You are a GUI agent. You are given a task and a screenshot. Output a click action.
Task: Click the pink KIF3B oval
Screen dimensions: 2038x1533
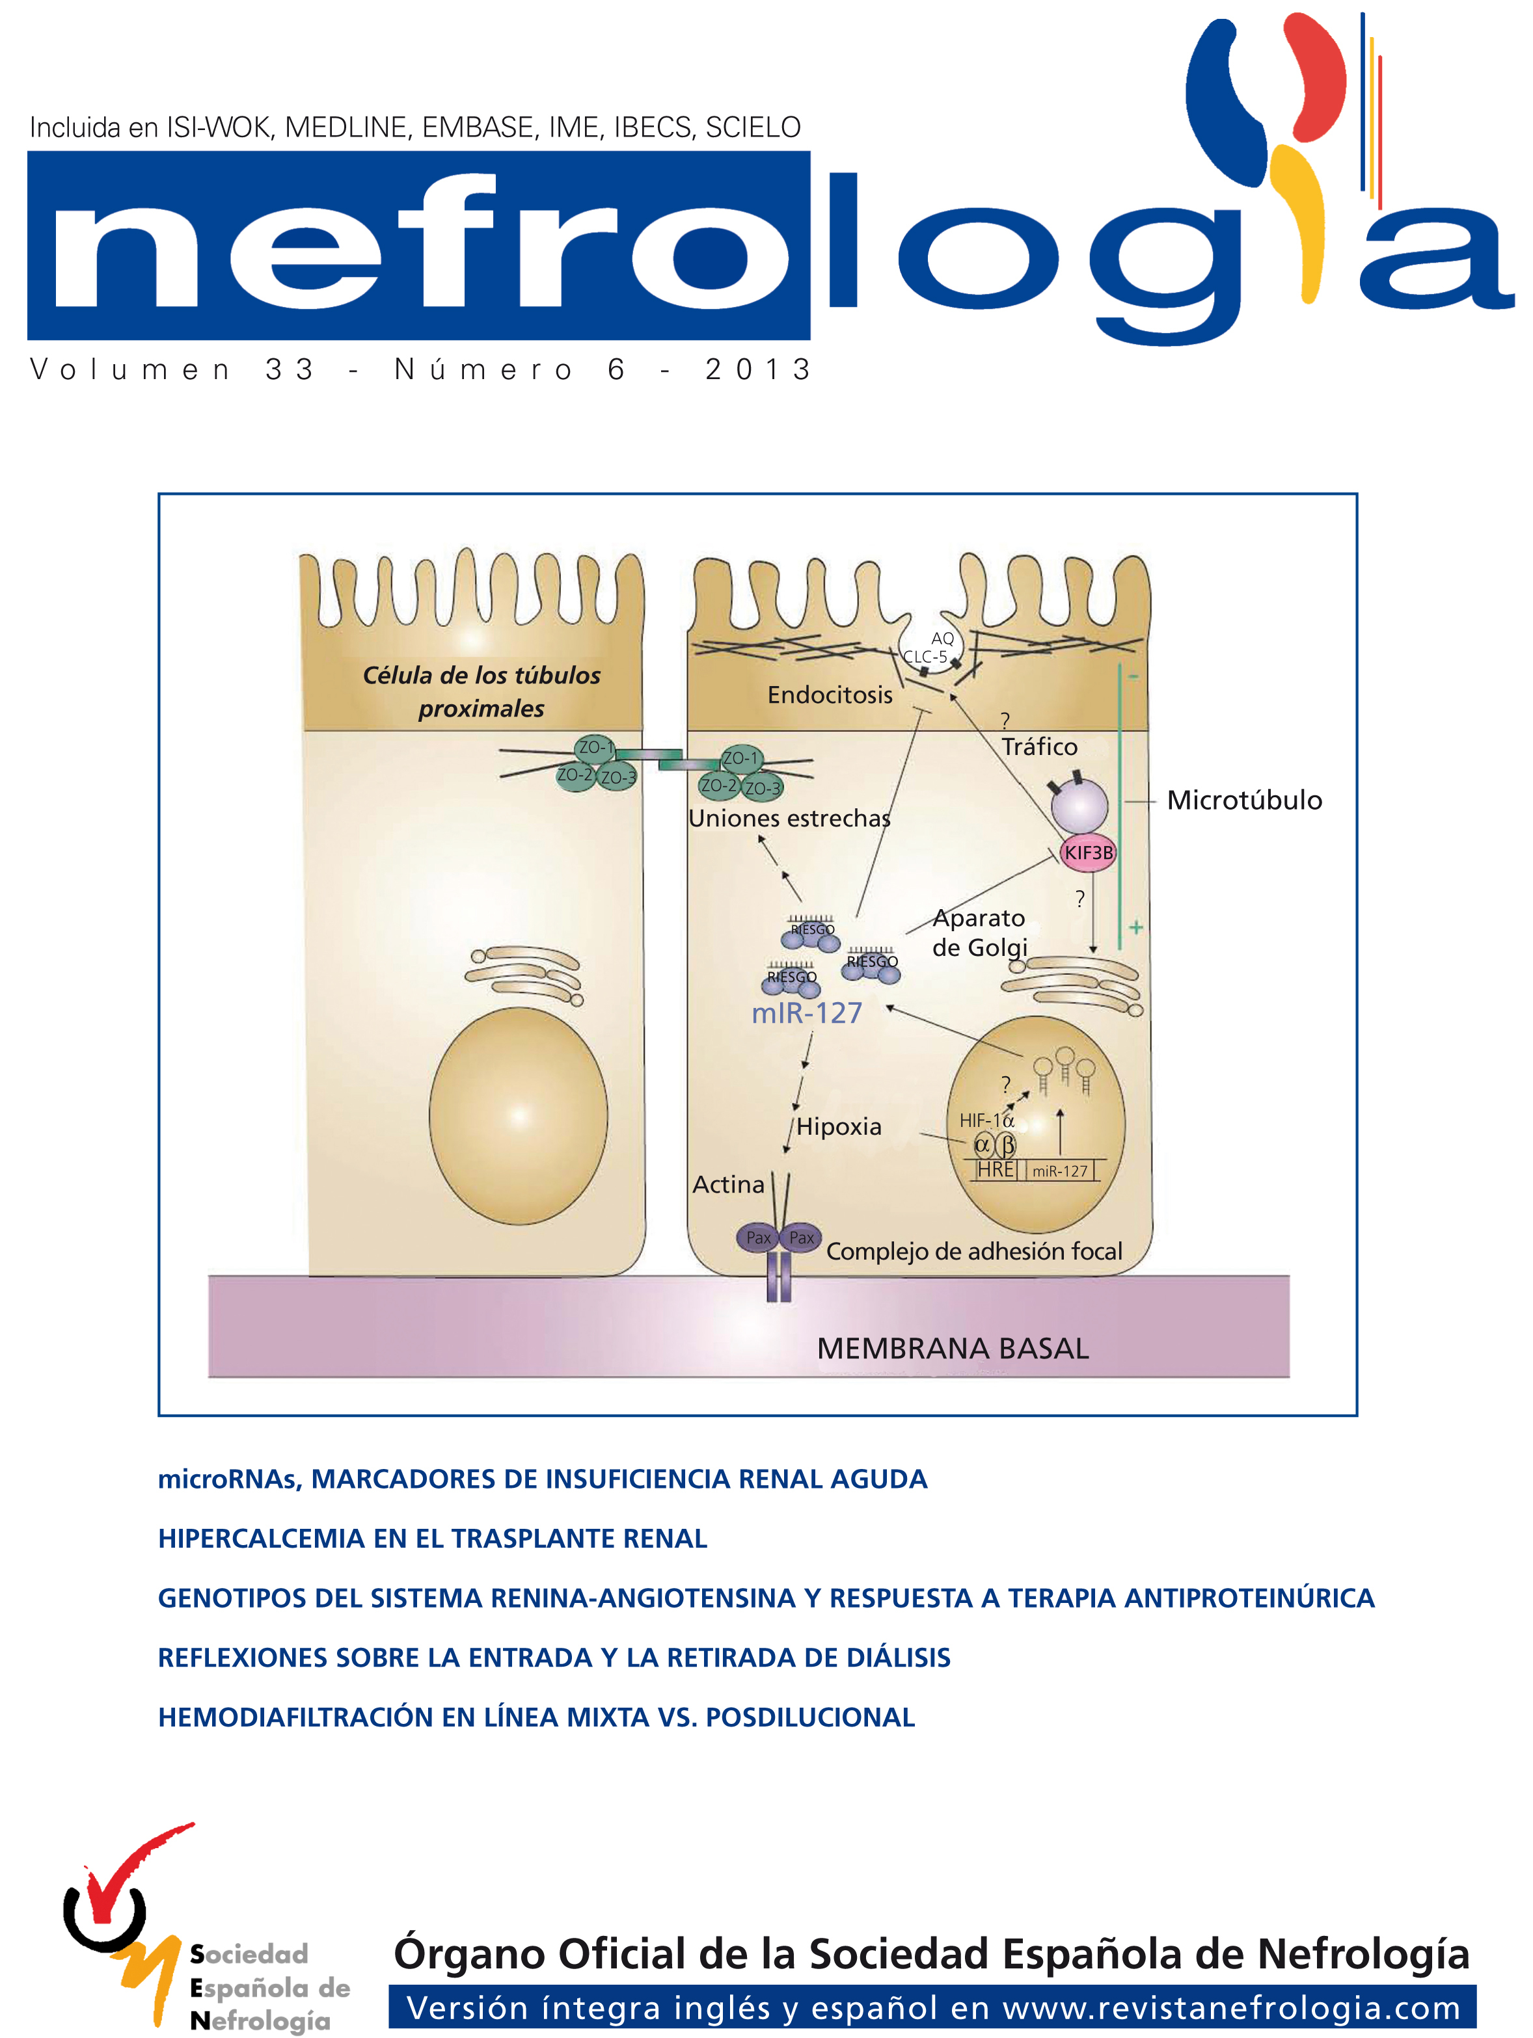point(1088,853)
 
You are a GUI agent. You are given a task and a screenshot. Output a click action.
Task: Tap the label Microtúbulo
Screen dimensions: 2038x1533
point(1243,800)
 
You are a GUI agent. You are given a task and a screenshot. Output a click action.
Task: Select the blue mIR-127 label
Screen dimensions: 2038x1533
point(807,1012)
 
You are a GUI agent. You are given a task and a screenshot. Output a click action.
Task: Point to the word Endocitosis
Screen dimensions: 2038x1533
point(830,695)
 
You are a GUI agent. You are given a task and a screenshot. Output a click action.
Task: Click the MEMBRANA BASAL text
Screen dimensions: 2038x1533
point(952,1348)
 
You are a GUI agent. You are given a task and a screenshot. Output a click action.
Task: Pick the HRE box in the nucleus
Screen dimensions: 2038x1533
point(996,1169)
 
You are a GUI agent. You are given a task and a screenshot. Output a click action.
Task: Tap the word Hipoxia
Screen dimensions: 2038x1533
point(839,1126)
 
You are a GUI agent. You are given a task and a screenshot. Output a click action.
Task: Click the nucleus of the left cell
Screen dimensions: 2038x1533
point(518,1116)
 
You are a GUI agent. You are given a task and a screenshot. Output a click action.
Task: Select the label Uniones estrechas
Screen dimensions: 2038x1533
point(789,818)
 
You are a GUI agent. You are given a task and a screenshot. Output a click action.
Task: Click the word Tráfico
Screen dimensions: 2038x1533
point(1039,747)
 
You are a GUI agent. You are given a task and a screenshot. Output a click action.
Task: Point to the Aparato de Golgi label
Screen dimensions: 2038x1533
point(979,933)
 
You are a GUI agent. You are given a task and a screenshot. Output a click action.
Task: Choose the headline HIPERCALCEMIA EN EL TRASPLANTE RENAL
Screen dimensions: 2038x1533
point(432,1538)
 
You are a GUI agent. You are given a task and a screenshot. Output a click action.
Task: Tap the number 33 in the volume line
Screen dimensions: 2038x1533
point(290,369)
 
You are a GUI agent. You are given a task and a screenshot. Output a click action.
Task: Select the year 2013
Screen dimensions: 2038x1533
point(758,369)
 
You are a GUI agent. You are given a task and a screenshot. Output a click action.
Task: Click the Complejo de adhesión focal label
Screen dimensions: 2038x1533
point(973,1251)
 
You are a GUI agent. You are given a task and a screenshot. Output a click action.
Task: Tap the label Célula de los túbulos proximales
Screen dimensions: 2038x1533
point(482,692)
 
